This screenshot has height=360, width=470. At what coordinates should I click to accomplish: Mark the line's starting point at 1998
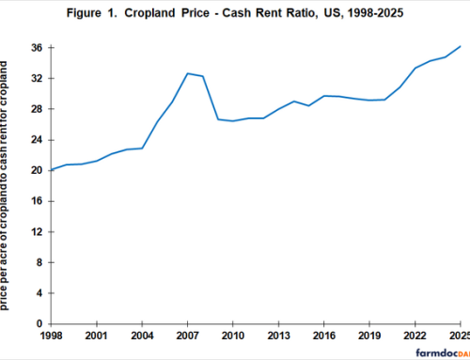pyautogui.click(x=53, y=170)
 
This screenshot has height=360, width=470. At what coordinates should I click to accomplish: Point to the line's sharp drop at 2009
pyautogui.click(x=217, y=119)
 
